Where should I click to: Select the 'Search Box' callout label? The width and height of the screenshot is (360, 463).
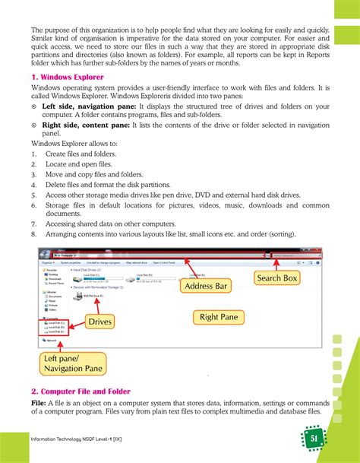click(x=276, y=278)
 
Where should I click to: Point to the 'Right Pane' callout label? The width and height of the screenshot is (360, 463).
click(x=219, y=316)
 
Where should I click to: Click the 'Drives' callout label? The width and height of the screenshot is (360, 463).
click(x=99, y=322)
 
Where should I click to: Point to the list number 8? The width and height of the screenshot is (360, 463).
click(x=35, y=234)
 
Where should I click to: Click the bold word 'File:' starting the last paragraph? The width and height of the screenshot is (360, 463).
click(x=41, y=402)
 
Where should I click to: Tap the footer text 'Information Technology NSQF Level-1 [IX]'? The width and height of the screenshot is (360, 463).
click(x=81, y=440)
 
